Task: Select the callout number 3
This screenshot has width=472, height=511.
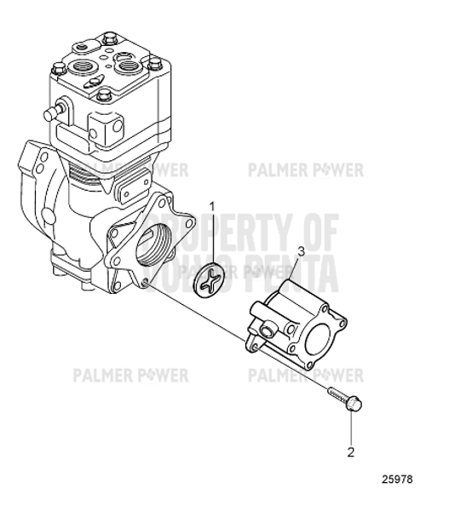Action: tap(300, 253)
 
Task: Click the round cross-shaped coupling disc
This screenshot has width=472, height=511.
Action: tap(212, 284)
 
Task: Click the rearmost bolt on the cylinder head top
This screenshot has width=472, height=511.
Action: tap(108, 38)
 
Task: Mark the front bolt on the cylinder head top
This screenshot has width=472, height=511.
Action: tap(103, 94)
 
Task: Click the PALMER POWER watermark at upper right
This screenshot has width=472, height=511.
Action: tap(305, 169)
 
